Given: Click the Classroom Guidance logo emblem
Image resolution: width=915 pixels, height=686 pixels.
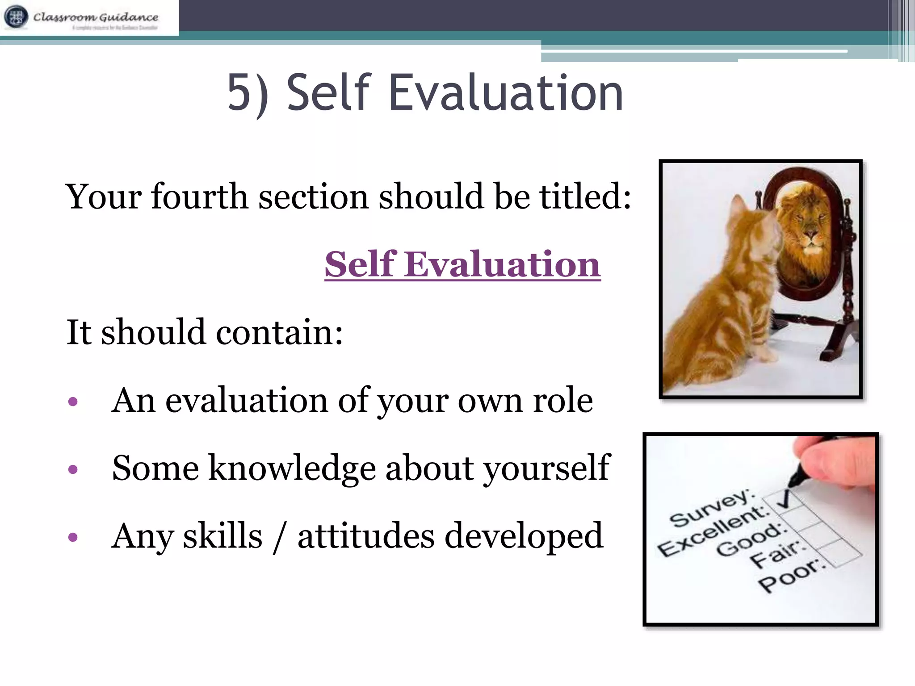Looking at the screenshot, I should pyautogui.click(x=16, y=17).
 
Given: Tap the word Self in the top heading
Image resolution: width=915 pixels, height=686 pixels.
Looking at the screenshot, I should pyautogui.click(x=329, y=93).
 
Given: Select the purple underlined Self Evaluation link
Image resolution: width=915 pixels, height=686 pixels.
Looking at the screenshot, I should pyautogui.click(x=462, y=264).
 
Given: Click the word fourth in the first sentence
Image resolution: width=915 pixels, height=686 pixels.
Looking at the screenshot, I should pyautogui.click(x=200, y=197).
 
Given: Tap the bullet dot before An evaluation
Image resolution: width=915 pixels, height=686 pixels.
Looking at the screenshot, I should pyautogui.click(x=73, y=402).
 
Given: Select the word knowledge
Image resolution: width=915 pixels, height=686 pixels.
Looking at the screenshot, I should pyautogui.click(x=292, y=468).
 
